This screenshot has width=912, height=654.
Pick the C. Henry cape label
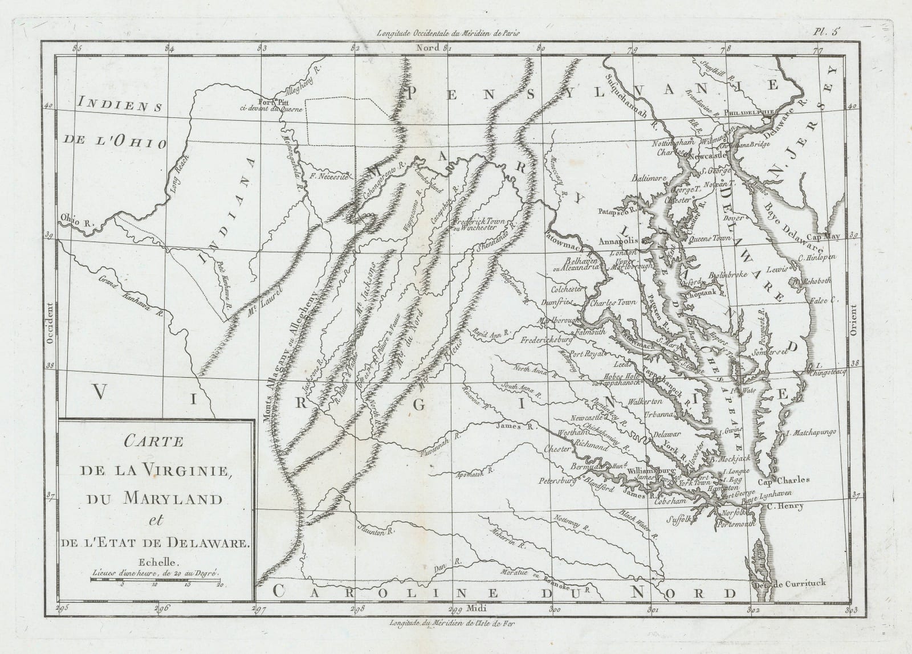785,505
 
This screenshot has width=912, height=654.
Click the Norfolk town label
715,512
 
